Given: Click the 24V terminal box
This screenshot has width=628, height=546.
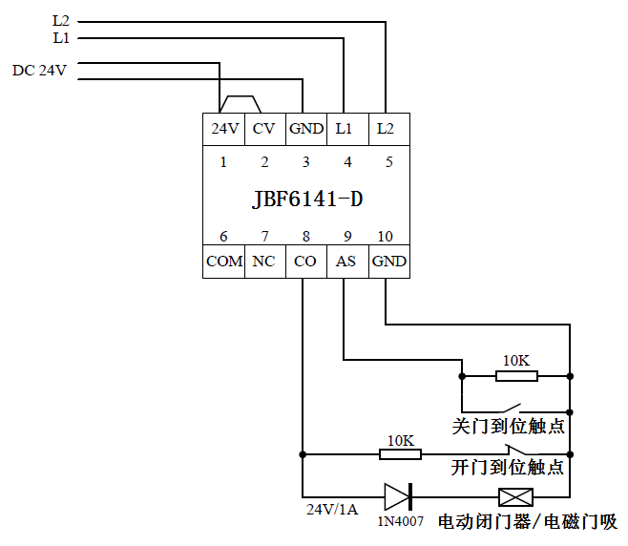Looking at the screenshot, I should tap(223, 128).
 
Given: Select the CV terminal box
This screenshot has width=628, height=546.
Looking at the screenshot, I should tap(264, 128).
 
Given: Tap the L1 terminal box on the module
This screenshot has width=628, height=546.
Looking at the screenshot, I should tap(345, 128).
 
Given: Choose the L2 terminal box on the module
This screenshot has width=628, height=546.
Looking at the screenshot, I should tap(386, 128).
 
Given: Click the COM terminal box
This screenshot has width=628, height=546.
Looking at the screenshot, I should tap(223, 261).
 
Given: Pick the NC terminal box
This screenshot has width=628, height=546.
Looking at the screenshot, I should tap(264, 261).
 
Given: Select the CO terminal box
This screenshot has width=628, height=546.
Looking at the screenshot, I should tap(304, 261).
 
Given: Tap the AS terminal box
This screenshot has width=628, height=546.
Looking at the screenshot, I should tap(345, 261).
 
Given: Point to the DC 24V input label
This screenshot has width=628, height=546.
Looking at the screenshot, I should tap(39, 71).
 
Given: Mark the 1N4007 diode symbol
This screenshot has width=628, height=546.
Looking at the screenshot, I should tap(398, 496).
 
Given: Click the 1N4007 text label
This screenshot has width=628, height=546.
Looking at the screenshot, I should tap(400, 522).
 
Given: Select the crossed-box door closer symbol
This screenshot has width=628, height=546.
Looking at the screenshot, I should tap(516, 496).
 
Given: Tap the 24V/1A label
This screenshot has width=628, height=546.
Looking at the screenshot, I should tap(332, 509).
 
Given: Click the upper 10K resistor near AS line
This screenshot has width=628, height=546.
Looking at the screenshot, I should tap(516, 376).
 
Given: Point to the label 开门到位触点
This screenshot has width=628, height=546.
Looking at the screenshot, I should tap(508, 468).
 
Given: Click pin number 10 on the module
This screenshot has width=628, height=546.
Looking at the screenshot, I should tap(386, 237).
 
